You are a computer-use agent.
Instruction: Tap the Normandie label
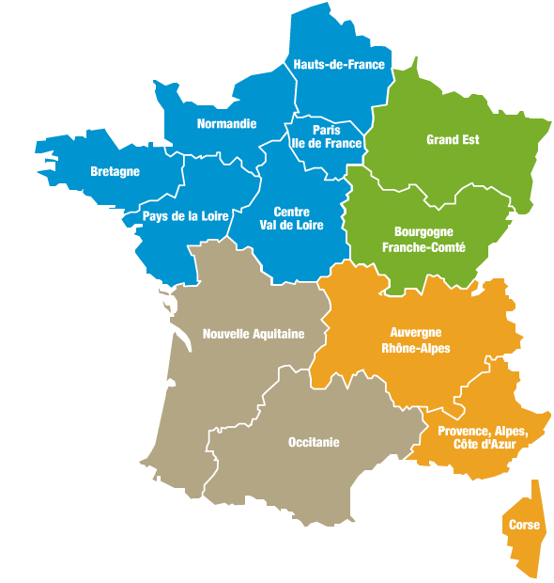coord(226,123)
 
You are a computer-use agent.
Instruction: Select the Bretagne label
coord(115,171)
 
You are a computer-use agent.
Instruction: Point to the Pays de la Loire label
coord(184,215)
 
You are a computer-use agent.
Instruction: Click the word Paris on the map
coord(327,131)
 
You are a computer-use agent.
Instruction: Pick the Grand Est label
coord(453,140)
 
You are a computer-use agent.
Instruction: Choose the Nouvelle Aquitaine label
coord(254,334)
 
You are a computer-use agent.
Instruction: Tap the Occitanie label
coord(314,442)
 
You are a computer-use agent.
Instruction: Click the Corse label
coord(524,525)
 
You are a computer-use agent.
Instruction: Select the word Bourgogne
coord(424,231)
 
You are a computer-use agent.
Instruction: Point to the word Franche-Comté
coord(424,247)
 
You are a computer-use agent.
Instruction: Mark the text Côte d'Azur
coord(483,445)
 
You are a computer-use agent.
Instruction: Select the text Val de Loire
coord(292,226)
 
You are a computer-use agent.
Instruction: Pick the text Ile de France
coord(327,143)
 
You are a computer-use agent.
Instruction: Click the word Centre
coord(292,213)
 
